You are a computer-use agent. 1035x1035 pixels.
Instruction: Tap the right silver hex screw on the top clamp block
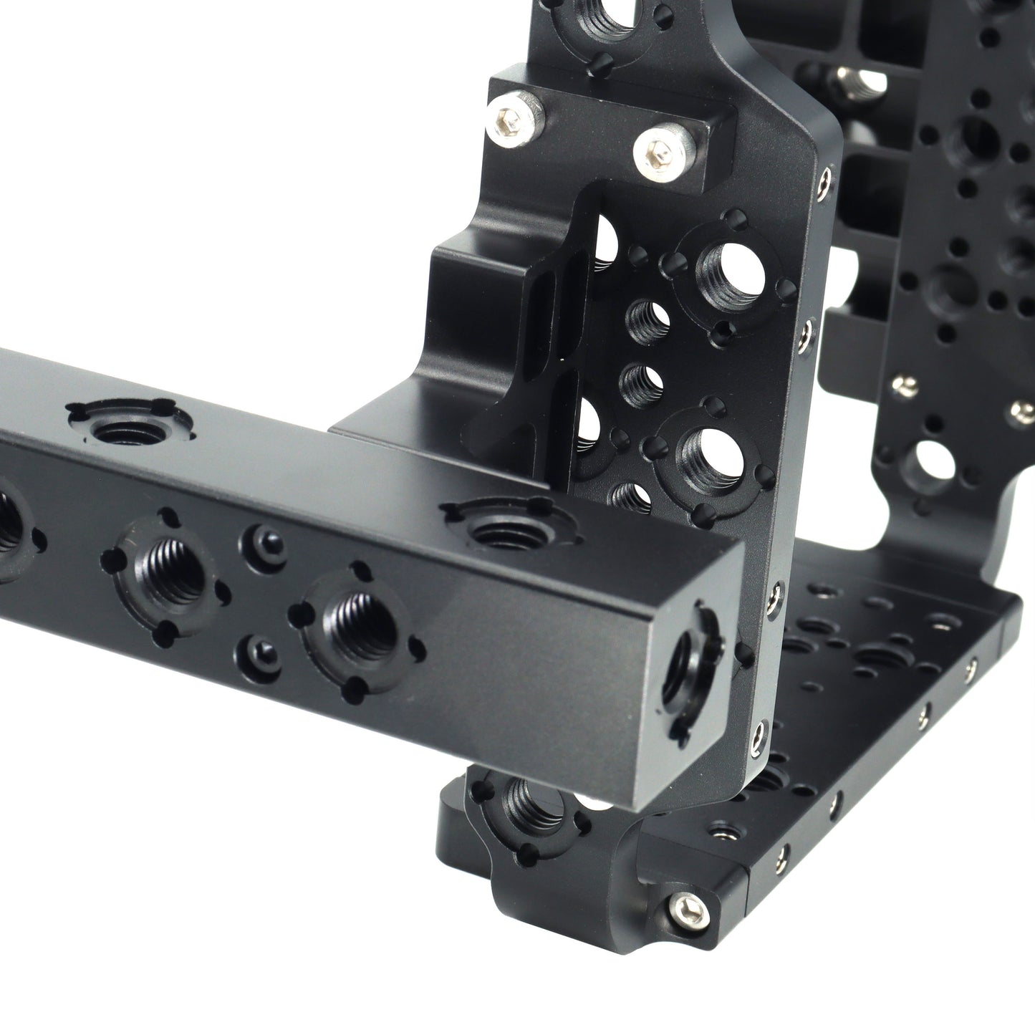click(657, 151)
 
